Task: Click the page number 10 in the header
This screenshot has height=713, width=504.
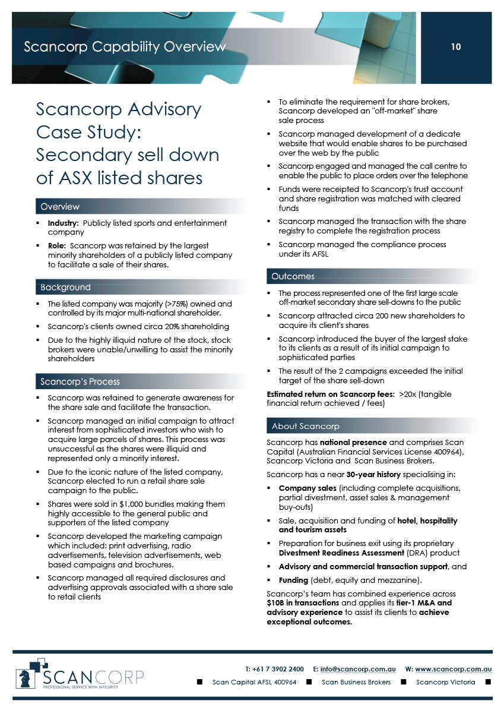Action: (456, 47)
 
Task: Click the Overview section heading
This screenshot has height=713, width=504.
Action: (60, 207)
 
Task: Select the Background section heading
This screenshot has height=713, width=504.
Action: (65, 288)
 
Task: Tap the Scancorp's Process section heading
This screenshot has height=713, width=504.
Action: (80, 381)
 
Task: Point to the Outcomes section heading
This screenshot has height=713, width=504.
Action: (293, 276)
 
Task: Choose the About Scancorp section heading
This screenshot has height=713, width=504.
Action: (306, 426)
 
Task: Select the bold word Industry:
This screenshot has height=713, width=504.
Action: (64, 223)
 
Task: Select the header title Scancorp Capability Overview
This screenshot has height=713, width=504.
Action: (125, 47)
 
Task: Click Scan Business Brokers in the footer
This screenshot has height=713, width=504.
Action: (356, 682)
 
